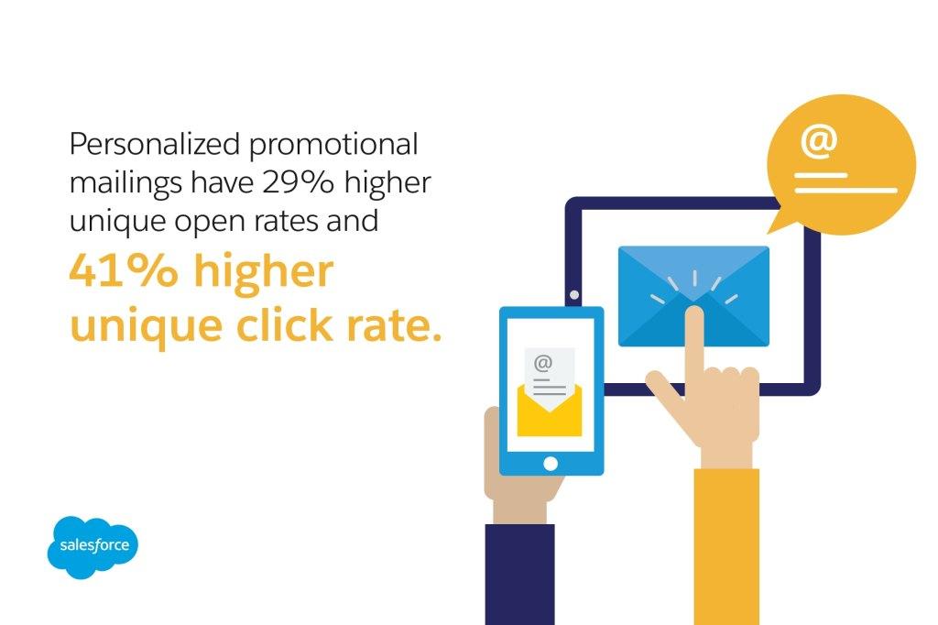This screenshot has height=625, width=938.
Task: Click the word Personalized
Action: click(x=155, y=144)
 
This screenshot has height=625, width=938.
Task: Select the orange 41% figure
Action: click(x=124, y=271)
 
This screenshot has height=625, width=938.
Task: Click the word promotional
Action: click(x=333, y=146)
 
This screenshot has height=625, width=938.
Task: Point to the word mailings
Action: click(x=125, y=184)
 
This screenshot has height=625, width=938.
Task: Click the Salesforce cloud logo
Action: click(x=93, y=547)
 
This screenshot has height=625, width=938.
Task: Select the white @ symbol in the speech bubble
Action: click(x=818, y=142)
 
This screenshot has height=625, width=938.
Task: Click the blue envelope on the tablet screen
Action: click(x=693, y=296)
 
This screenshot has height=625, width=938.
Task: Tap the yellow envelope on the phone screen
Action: click(x=550, y=411)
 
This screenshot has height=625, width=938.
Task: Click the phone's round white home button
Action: click(x=551, y=464)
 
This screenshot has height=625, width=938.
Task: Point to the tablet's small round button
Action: click(x=574, y=294)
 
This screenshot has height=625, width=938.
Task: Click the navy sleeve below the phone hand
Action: click(x=520, y=574)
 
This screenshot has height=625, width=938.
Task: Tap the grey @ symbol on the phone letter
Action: click(x=542, y=363)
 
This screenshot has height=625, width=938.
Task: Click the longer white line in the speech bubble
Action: click(x=845, y=191)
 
